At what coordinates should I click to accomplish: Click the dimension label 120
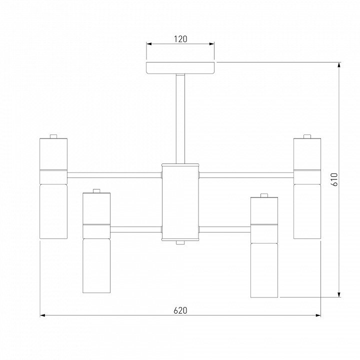point(180,39)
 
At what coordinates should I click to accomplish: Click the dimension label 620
point(180,310)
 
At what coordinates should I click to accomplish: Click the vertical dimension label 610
point(334,179)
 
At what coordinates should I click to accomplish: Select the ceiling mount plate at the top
point(180,67)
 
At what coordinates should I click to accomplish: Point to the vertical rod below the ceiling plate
point(180,118)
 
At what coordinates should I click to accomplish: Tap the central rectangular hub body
point(180,202)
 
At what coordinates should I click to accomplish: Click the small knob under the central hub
point(180,242)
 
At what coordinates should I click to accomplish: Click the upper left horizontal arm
point(114,175)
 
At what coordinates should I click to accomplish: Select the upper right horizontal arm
point(246,175)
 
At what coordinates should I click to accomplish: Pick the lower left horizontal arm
point(136,229)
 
